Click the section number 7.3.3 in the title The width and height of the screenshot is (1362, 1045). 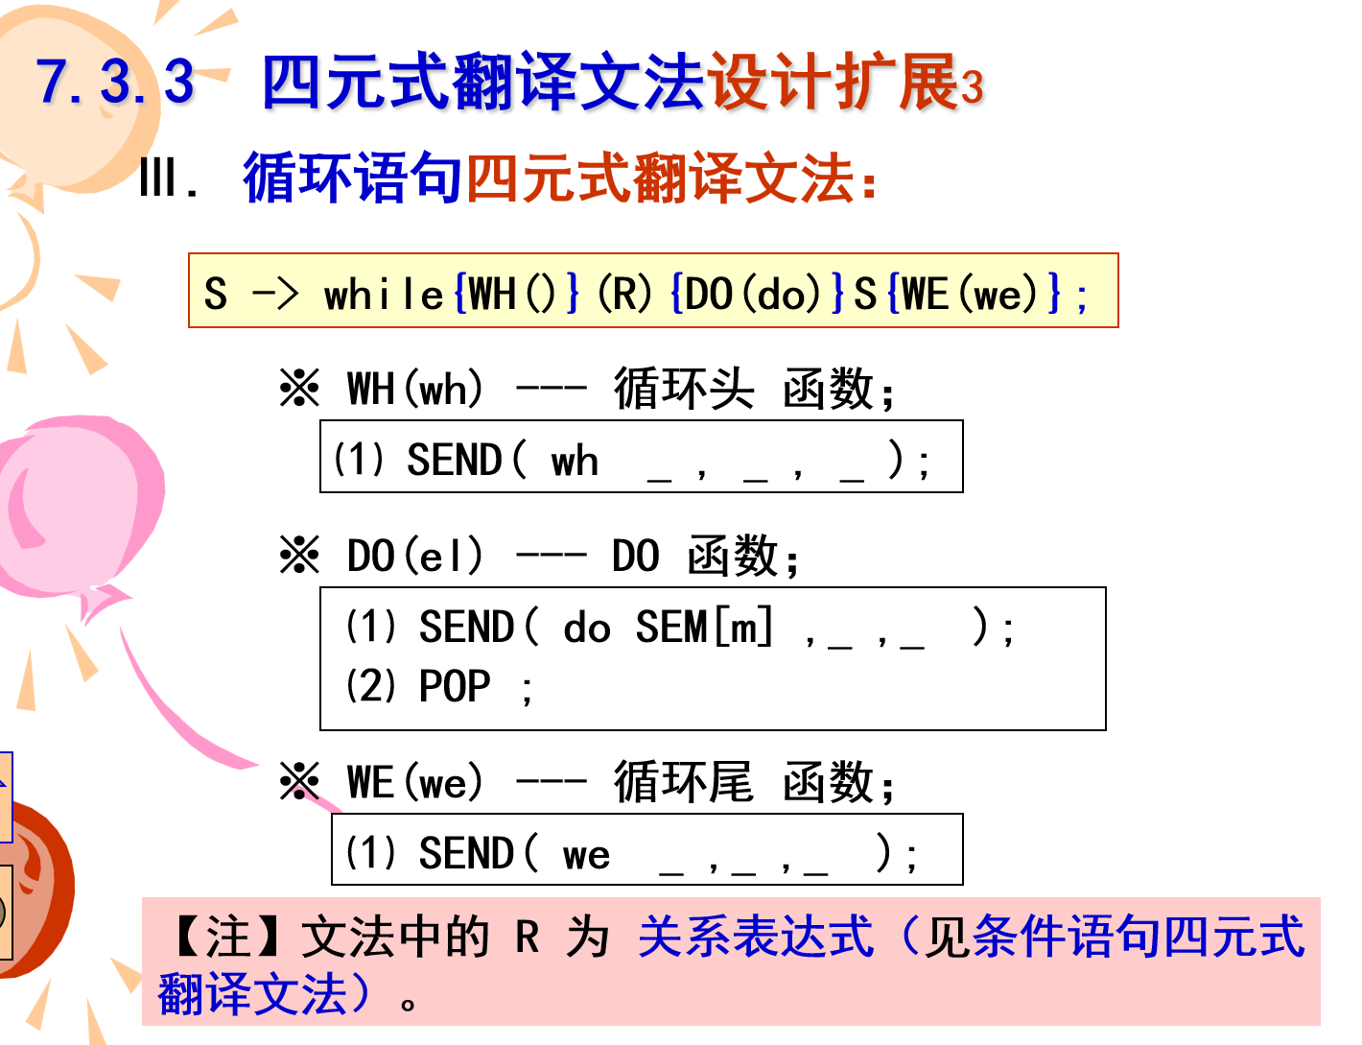pos(115,81)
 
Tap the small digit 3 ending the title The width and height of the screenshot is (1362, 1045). pos(972,88)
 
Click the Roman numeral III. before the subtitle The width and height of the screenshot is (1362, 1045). pos(169,178)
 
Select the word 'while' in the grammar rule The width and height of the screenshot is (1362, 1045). pos(384,294)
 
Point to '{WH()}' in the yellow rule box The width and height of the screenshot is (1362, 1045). pos(517,293)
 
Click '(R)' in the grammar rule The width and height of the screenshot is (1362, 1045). pos(624,293)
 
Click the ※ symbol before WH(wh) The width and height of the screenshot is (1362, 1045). pos(299,389)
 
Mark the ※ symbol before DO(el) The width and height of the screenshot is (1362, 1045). pos(299,556)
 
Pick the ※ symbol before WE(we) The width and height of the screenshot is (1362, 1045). pos(299,782)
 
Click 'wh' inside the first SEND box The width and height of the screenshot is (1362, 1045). pos(575,462)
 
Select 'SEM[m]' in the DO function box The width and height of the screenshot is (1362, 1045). pos(704,628)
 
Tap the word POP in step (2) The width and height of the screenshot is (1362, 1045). pos(455,686)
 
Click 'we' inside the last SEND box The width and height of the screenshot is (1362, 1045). pos(586,854)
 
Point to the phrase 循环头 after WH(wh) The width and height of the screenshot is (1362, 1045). pos(684,389)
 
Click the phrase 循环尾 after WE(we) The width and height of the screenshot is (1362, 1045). pos(684,782)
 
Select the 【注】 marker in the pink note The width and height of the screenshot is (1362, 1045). pos(228,937)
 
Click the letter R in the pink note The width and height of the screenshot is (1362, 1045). pos(528,937)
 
